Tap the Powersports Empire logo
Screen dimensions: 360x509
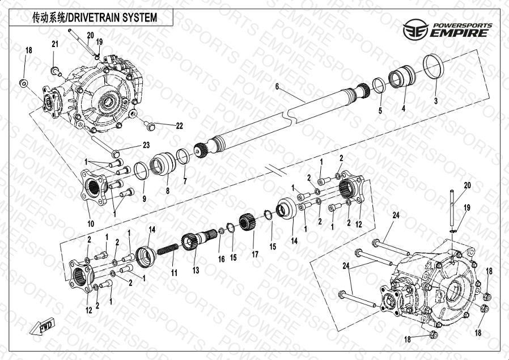446,28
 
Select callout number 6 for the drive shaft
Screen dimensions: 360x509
277,87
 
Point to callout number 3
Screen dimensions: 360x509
436,101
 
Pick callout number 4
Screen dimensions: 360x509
404,108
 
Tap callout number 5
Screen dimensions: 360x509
380,110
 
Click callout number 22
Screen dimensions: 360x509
179,125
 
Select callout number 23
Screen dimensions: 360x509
146,146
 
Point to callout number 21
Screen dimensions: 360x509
55,44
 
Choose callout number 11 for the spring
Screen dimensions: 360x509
175,273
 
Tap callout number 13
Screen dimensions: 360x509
196,271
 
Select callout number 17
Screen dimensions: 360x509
255,255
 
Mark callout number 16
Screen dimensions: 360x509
222,259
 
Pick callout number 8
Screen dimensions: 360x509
167,192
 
